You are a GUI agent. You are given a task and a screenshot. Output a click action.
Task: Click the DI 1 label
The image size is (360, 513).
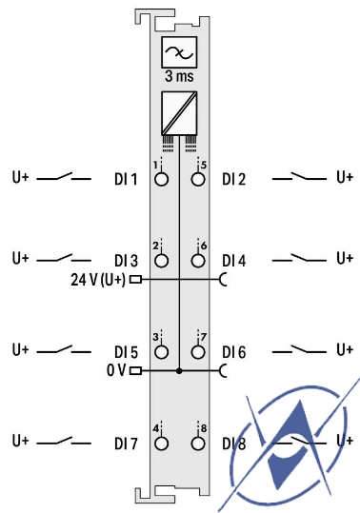coord(126,179)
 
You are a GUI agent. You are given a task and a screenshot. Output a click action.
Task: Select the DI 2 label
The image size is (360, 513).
coord(234,179)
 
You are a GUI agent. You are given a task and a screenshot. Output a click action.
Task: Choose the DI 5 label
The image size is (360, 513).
coord(126,352)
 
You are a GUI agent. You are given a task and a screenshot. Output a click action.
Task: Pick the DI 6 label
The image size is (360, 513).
coord(234,352)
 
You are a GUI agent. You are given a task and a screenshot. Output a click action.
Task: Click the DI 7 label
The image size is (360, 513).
coord(126,444)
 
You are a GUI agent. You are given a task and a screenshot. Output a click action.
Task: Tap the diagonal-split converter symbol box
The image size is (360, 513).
coord(179,112)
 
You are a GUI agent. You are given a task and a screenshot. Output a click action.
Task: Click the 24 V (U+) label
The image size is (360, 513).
coord(98,280)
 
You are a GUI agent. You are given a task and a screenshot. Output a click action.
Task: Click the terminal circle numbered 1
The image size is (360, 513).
coord(161,179)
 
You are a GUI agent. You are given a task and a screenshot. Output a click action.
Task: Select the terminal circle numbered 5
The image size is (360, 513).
coord(198,179)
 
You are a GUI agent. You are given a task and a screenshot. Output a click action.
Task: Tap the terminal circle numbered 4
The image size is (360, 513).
coord(161,444)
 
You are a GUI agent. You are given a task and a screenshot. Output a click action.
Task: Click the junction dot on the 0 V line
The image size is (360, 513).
coord(179,371)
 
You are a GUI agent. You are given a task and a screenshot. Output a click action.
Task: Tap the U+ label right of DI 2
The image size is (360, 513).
coord(345,177)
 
